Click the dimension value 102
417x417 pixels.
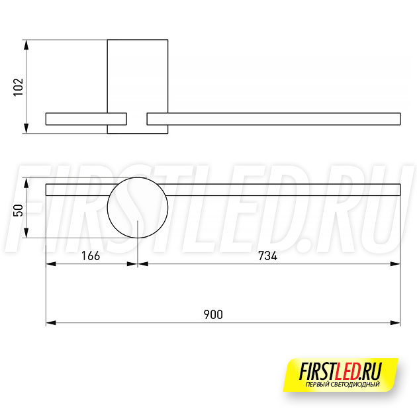pyautogui.click(x=19, y=87)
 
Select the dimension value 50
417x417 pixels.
pyautogui.click(x=19, y=210)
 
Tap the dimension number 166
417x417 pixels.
pyautogui.click(x=91, y=256)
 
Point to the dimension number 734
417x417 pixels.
pyautogui.click(x=267, y=256)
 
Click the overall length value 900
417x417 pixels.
pyautogui.click(x=213, y=314)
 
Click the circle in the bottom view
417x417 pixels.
pyautogui.click(x=107, y=208)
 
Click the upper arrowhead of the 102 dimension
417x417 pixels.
pyautogui.click(x=26, y=45)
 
